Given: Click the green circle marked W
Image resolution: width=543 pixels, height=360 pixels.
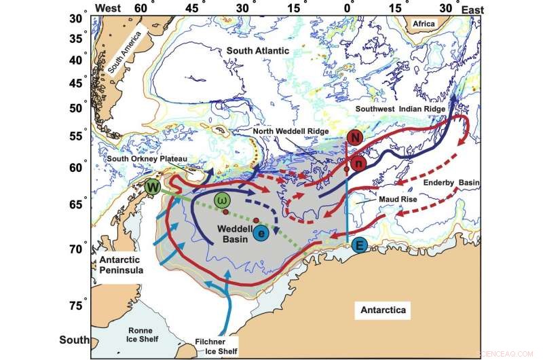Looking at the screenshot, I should coord(153,187).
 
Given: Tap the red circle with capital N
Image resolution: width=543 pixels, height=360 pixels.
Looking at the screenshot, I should coord(354,138).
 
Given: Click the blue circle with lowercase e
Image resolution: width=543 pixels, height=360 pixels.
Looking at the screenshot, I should coord(262,233).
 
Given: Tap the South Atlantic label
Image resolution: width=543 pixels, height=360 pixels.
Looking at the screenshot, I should coord(257,51).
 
